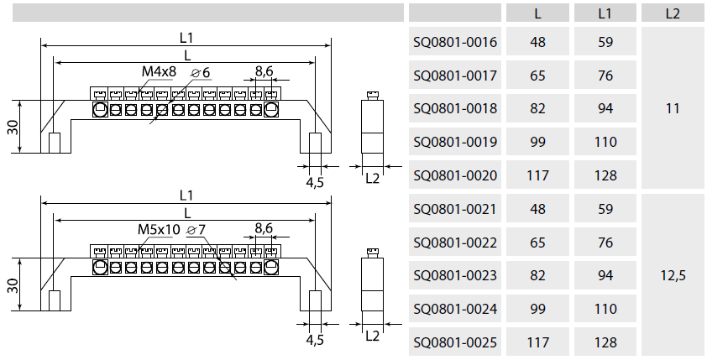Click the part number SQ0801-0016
pos(455,42)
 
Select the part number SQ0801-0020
pos(455,175)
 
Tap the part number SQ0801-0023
pos(455,275)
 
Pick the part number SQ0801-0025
pos(455,342)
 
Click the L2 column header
pos(672,13)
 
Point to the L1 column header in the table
pos(605,13)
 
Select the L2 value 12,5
pos(672,275)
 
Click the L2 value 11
pos(672,108)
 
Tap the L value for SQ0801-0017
pos(538,76)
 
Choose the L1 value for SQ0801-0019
pos(605,142)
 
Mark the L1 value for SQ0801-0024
pos(605,309)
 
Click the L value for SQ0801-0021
pos(538,209)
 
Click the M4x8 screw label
pos(158,72)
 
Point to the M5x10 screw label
pos(159,229)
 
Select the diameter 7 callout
pos(197,229)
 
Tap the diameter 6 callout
pos(201,72)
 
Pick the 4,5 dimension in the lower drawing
pos(315,340)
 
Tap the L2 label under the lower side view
pos(373,336)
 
